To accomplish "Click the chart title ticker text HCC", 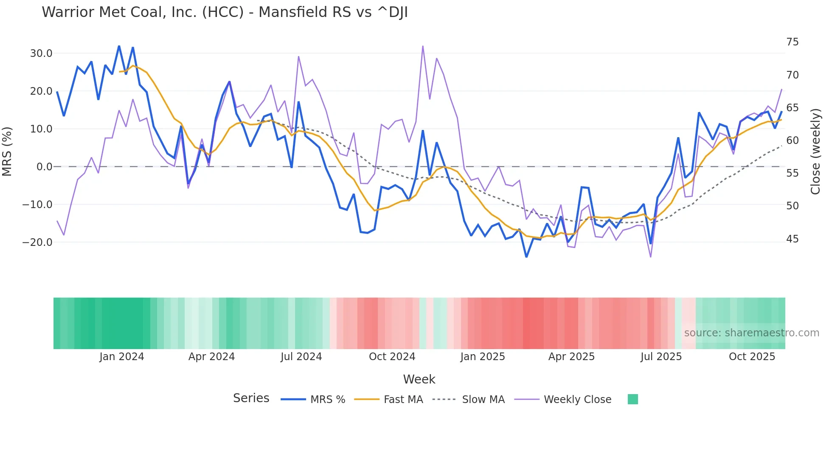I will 222,12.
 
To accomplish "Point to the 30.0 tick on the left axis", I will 41,54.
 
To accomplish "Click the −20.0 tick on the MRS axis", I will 37,242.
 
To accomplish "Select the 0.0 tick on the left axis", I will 44,167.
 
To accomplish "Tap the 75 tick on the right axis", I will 792,42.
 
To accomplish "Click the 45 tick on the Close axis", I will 792,239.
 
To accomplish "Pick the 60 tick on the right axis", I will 792,141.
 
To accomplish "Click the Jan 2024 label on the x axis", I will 122,357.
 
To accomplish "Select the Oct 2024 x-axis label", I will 392,357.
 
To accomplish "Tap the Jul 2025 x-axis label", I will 661,357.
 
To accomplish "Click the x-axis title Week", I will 419,379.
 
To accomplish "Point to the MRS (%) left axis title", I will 7,152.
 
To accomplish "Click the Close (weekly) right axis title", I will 815,152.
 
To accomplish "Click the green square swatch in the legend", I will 632,399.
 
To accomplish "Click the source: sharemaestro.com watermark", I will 751,333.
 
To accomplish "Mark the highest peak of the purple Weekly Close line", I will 423,46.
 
